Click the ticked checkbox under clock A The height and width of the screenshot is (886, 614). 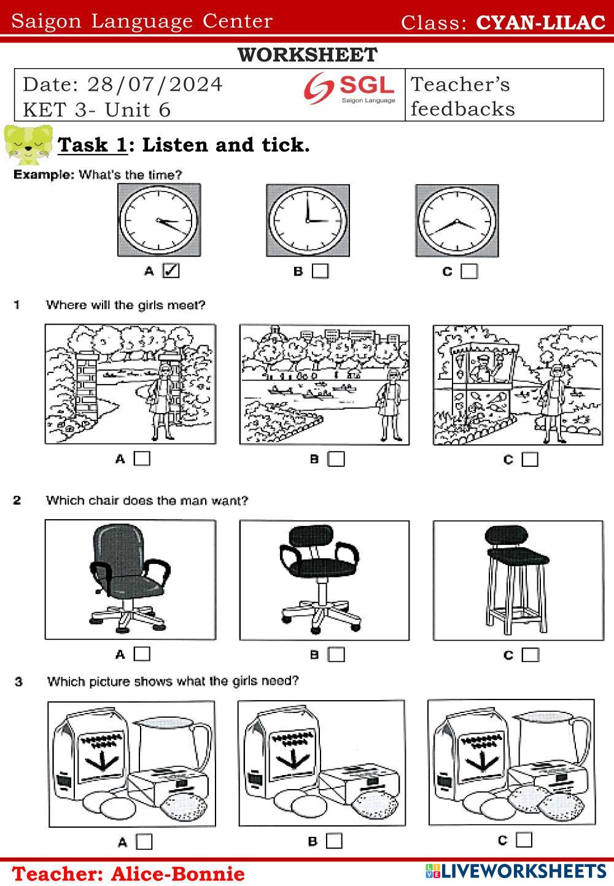(x=171, y=271)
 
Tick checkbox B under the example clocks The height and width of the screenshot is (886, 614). (x=320, y=271)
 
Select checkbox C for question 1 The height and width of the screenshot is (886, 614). (x=530, y=459)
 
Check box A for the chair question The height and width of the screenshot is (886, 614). (x=142, y=654)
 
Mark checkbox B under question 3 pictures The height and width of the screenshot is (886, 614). (x=334, y=841)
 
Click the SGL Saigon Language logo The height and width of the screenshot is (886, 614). (x=350, y=88)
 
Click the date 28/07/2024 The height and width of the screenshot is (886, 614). (x=155, y=84)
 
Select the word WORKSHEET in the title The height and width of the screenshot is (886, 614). (x=307, y=55)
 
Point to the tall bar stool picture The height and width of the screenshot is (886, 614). (x=516, y=580)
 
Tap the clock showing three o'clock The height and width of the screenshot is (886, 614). (x=308, y=220)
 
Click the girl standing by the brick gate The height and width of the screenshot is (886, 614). (x=164, y=402)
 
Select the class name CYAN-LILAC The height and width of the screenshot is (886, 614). (x=540, y=23)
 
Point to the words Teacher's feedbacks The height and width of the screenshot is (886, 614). (x=462, y=96)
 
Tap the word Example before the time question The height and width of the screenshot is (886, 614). (x=43, y=175)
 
